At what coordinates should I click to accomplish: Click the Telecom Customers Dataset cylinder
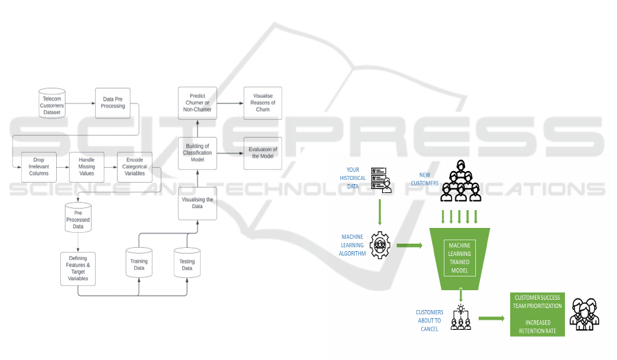(52, 103)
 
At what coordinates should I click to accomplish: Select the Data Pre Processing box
(114, 103)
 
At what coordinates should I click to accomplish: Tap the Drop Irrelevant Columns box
(38, 167)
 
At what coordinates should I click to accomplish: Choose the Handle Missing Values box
(86, 167)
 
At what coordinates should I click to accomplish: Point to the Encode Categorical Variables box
(134, 167)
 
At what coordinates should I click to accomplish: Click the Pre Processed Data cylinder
(78, 217)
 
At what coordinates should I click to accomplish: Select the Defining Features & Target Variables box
(78, 268)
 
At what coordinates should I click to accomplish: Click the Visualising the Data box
(197, 203)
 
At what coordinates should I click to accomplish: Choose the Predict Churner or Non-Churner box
(197, 103)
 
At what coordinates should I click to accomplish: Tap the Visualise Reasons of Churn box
(263, 103)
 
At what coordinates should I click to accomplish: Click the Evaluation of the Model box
(263, 153)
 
